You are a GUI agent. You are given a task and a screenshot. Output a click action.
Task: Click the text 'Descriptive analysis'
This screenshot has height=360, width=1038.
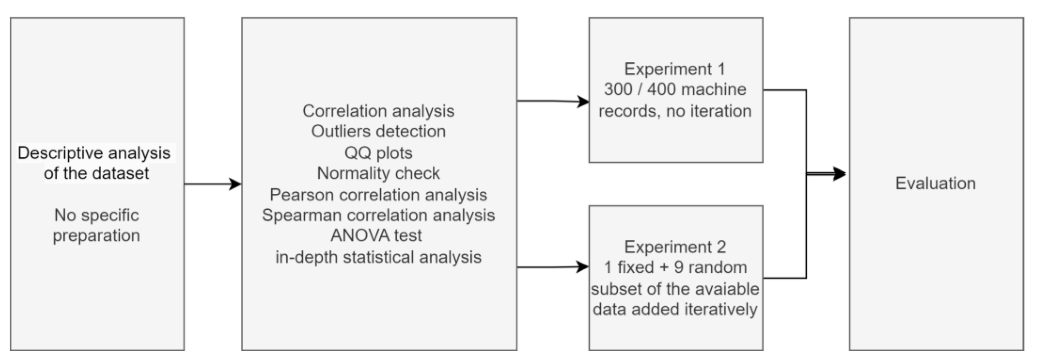(x=94, y=153)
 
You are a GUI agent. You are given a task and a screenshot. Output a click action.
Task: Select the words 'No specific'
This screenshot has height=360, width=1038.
(x=96, y=215)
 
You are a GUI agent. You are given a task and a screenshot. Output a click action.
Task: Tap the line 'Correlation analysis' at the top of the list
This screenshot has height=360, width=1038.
(x=378, y=111)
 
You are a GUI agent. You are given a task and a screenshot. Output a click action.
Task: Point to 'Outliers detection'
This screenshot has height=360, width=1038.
(x=378, y=131)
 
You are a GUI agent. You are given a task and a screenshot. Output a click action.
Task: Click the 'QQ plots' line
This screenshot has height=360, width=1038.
(x=378, y=153)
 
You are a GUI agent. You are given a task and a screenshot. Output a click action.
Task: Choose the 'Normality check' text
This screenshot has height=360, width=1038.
(x=378, y=173)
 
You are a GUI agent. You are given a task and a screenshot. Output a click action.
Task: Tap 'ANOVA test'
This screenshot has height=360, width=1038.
(x=376, y=235)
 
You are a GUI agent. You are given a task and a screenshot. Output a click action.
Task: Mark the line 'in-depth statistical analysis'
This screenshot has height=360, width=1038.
(x=378, y=257)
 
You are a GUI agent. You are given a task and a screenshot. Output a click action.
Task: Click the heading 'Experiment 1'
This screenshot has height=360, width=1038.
(x=675, y=69)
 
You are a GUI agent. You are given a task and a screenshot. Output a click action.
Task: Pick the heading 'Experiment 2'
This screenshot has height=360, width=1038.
(x=675, y=247)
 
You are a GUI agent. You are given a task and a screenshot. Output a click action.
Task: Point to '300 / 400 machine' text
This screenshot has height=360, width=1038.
(x=675, y=89)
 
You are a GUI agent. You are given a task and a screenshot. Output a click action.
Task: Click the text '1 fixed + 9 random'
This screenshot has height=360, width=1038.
(x=675, y=267)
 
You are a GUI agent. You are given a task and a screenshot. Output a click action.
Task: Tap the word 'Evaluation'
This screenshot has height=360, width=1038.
(x=935, y=183)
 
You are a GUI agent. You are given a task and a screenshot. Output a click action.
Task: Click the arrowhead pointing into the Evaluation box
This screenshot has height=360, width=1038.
(x=839, y=174)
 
